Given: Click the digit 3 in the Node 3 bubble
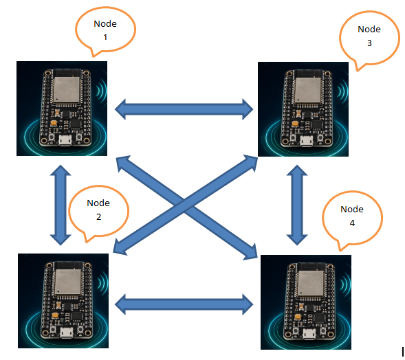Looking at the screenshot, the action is (369, 43).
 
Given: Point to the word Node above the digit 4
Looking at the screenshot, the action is (352, 209).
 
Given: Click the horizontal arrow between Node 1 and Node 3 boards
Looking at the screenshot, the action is (184, 109).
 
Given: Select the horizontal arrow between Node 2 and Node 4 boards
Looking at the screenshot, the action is (184, 304).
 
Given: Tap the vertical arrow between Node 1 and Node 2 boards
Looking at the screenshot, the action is (61, 205).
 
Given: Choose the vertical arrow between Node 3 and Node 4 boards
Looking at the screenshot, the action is (297, 205).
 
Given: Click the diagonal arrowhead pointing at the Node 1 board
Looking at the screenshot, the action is (122, 163).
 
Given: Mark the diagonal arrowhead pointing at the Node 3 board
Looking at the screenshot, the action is (250, 162).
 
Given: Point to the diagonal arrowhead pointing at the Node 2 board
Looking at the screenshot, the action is (120, 247).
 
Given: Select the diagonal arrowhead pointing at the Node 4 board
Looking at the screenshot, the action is (251, 251).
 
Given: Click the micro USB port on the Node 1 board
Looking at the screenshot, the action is (65, 140).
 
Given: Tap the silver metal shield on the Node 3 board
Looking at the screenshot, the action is (307, 89).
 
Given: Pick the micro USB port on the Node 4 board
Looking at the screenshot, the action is (309, 334).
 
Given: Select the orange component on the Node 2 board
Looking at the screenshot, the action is (55, 315).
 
